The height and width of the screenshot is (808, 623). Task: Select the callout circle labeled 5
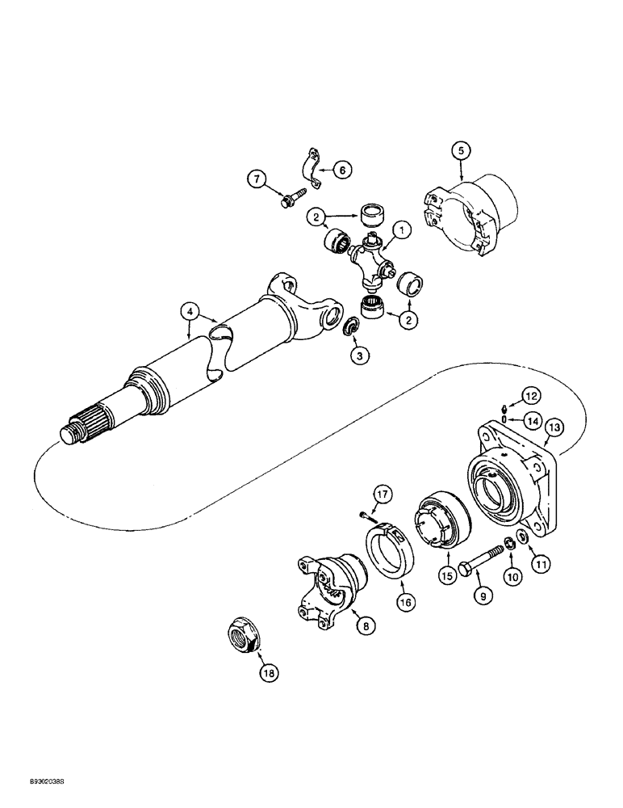[x=459, y=150]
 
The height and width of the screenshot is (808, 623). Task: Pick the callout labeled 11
[x=541, y=559]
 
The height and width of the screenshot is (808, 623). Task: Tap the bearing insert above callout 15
[x=441, y=524]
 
